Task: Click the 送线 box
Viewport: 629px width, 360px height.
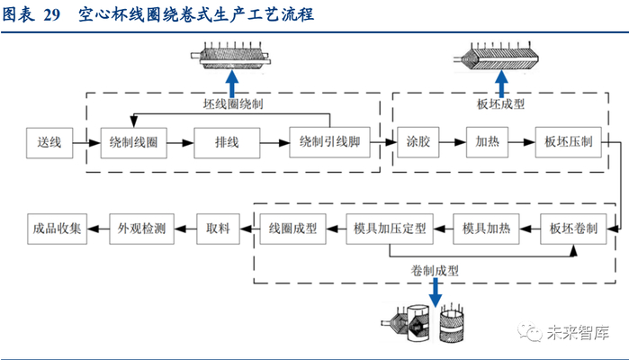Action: point(49,142)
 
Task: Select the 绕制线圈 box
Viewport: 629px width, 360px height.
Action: point(133,142)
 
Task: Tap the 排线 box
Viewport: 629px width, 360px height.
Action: point(226,142)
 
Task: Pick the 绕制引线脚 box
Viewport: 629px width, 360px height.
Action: point(329,142)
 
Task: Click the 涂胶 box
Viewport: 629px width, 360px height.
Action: point(417,142)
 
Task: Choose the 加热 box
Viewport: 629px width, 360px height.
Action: point(488,142)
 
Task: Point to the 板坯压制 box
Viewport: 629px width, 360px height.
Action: point(570,142)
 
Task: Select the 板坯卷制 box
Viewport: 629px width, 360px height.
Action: point(572,229)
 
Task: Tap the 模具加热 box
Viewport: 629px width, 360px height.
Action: point(486,229)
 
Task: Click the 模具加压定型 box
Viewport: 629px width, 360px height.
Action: point(390,229)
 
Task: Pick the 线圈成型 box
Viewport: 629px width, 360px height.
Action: point(293,229)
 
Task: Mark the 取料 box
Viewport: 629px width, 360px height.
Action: point(219,229)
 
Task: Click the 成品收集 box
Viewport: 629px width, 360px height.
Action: point(57,229)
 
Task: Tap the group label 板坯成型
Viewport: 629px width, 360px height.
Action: point(500,104)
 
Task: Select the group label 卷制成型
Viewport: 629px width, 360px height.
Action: point(435,269)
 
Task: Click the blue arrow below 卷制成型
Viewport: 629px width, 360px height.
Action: point(435,291)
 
